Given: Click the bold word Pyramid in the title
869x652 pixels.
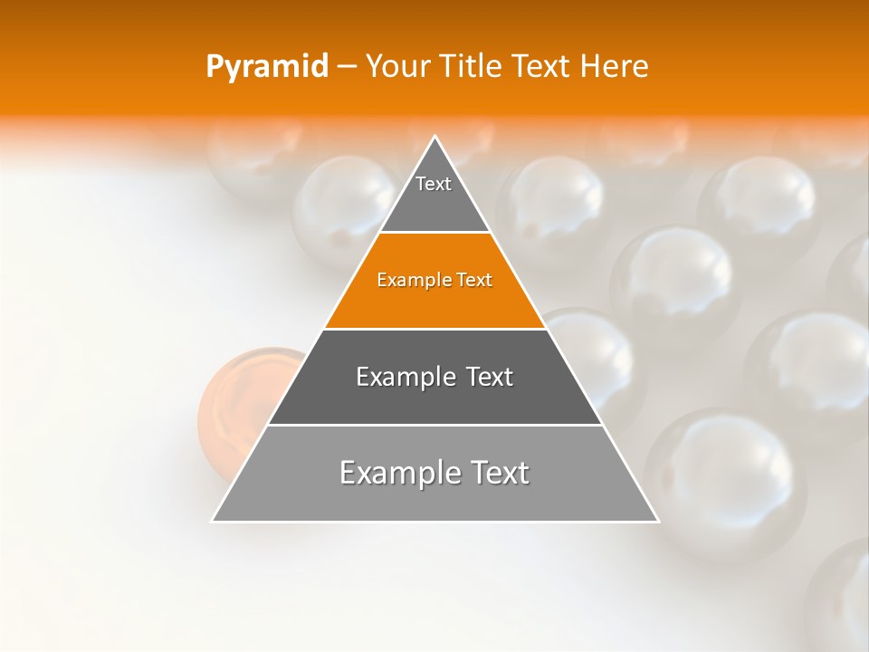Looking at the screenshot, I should [266, 67].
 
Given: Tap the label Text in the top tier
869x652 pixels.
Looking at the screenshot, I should [434, 184].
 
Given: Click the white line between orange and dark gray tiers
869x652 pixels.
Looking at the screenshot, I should [434, 329].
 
